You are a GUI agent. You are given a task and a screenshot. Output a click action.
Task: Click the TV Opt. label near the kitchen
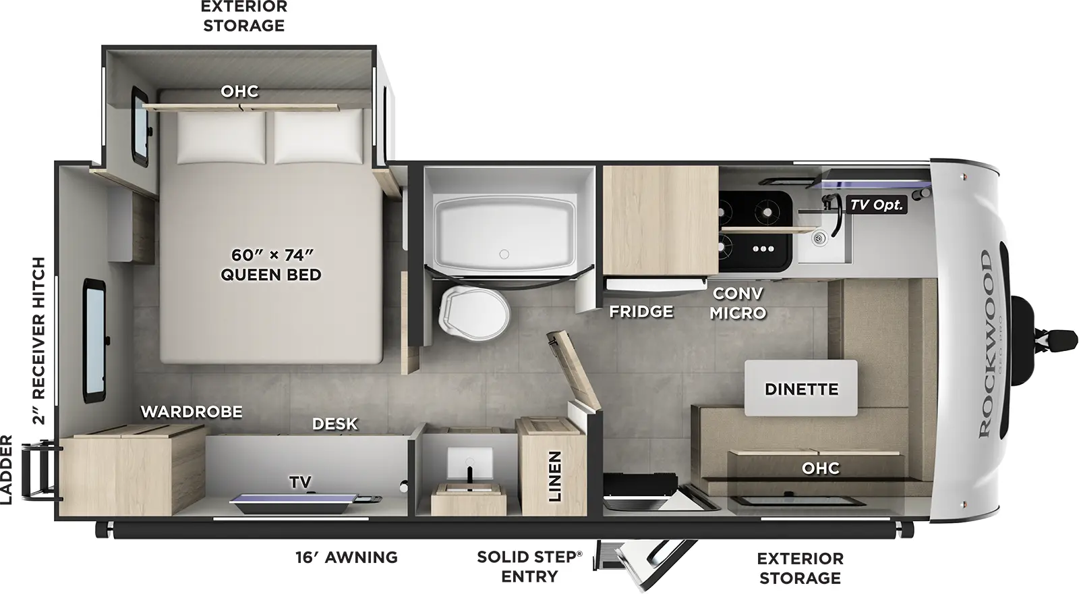876,205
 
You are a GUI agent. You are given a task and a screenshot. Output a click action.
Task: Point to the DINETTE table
801,389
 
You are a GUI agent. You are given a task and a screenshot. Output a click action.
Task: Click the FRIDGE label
641,311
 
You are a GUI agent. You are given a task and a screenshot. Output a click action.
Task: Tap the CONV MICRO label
737,303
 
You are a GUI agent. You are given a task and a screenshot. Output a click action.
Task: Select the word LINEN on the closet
554,477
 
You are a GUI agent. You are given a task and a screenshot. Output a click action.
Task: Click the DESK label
334,424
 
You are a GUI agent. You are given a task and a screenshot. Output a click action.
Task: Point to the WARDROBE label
191,412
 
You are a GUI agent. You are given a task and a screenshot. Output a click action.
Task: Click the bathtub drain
504,254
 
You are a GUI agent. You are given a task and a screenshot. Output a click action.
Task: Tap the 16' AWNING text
346,558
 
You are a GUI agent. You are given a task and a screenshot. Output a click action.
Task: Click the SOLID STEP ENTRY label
529,567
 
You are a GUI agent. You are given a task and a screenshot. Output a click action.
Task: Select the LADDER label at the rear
7,470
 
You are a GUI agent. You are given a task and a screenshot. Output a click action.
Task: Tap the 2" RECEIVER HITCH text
39,341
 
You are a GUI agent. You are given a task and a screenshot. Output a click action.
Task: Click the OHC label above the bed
239,91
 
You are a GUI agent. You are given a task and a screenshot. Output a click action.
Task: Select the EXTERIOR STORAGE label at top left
243,16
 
